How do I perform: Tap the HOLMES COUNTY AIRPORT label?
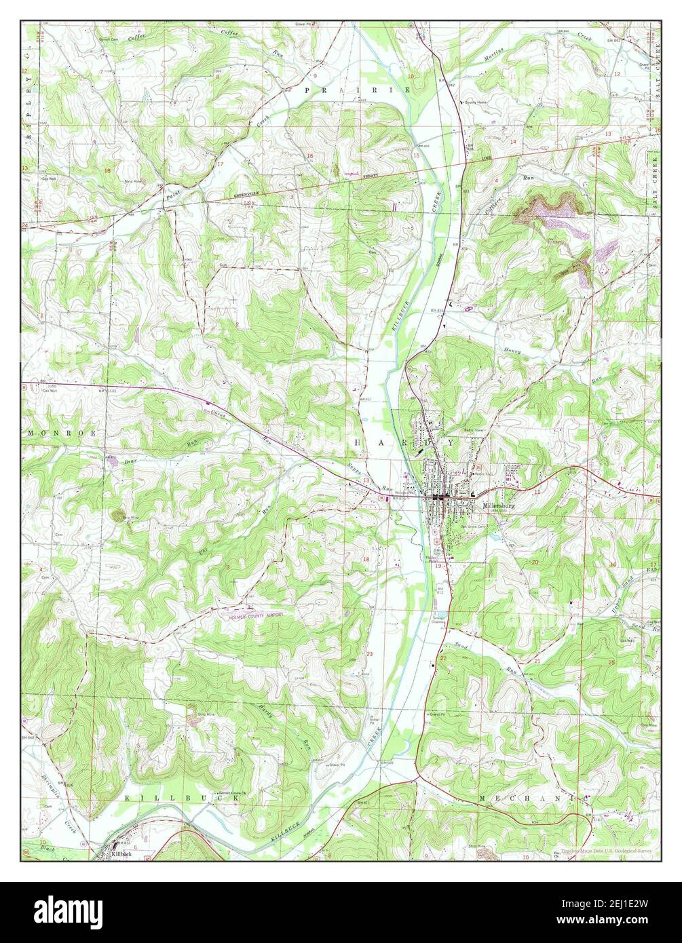click(x=252, y=615)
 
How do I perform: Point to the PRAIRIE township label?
click(x=358, y=90)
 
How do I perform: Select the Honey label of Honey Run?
click(x=512, y=350)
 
